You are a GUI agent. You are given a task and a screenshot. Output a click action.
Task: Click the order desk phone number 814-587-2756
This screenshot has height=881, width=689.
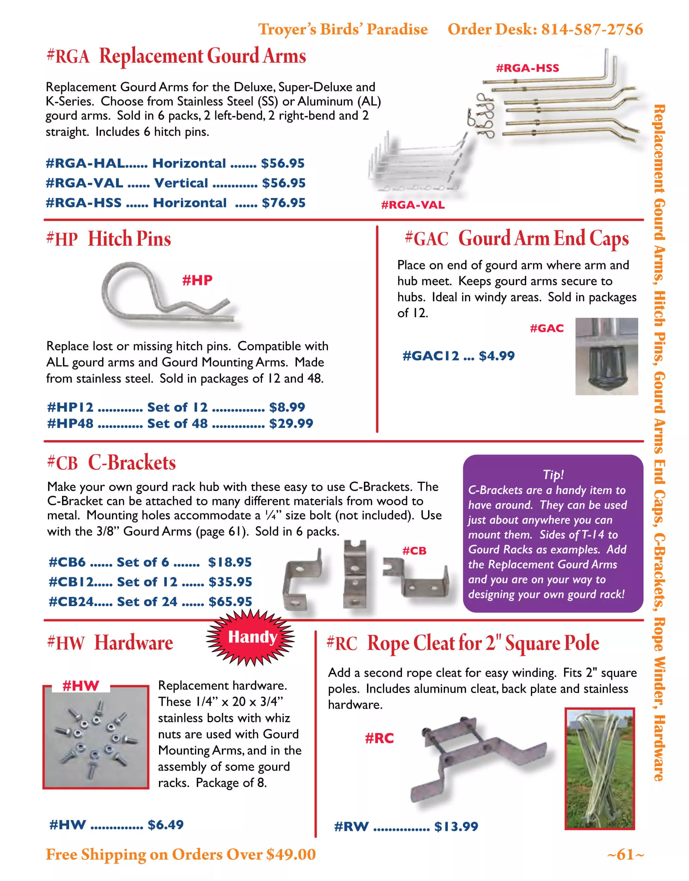pos(592,30)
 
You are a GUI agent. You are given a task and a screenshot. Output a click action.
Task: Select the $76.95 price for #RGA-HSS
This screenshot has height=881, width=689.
pos(283,203)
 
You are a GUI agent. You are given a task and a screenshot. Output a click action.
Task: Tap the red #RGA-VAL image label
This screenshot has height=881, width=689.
pos(413,205)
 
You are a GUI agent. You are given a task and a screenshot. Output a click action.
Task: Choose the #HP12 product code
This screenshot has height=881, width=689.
pos(70,407)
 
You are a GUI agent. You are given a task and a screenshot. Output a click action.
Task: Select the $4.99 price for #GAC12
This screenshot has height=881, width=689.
pos(496,356)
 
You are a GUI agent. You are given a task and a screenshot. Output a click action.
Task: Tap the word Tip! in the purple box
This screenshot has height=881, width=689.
pos(553,474)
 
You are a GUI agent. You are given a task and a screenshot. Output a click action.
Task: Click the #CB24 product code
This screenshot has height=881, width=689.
pos(71,602)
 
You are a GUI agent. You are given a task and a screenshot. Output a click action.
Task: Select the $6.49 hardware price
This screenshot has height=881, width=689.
pos(165,825)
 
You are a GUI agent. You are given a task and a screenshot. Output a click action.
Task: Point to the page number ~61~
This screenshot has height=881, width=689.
pos(625,854)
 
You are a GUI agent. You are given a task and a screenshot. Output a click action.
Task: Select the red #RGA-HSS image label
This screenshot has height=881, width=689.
pos(527,68)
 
